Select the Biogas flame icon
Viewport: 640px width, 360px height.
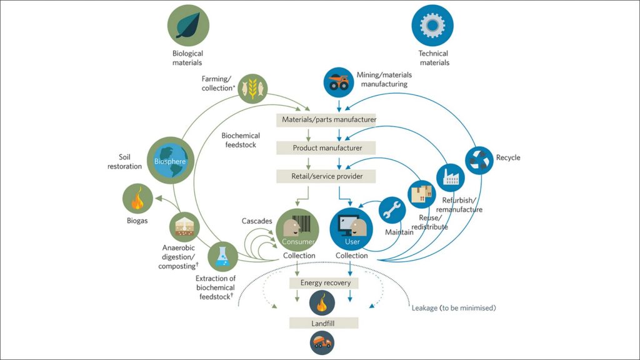(138, 201)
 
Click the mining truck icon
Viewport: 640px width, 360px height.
(339, 83)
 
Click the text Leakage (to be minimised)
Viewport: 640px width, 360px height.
(454, 308)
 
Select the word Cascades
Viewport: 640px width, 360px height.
(257, 221)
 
